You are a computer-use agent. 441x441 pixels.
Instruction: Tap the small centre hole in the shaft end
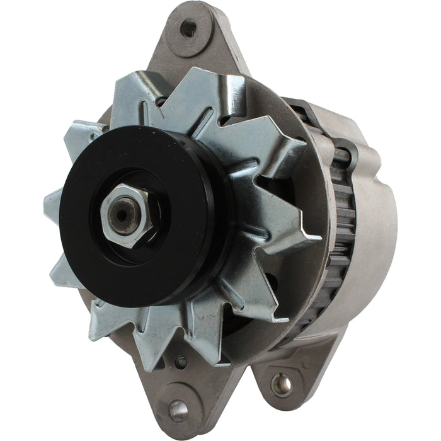point(122,214)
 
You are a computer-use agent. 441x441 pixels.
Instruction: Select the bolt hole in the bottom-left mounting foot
point(178,410)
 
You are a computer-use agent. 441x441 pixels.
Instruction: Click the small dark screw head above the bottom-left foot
point(182,361)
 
